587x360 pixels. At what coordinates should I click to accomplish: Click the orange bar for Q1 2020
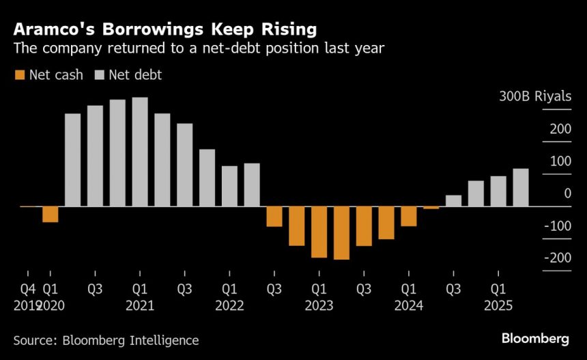(x=50, y=214)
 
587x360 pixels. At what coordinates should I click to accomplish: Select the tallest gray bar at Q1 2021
(x=140, y=152)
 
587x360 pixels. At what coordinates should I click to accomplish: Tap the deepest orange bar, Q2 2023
(x=341, y=232)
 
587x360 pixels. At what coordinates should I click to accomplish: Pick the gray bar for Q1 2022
(x=229, y=186)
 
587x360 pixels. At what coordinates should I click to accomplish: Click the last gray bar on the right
(x=521, y=187)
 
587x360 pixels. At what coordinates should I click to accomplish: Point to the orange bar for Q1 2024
(x=409, y=216)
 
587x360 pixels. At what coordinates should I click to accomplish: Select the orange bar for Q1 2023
(x=319, y=232)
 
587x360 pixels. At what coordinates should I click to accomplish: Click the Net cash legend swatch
(x=18, y=75)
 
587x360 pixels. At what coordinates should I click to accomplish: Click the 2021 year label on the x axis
(x=140, y=305)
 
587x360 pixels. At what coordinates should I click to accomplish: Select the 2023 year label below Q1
(x=319, y=305)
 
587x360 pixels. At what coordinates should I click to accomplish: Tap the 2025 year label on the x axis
(x=499, y=305)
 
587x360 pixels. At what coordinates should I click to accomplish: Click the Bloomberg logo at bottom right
(x=535, y=338)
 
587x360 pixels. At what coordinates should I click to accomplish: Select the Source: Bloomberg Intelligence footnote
(x=106, y=340)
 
